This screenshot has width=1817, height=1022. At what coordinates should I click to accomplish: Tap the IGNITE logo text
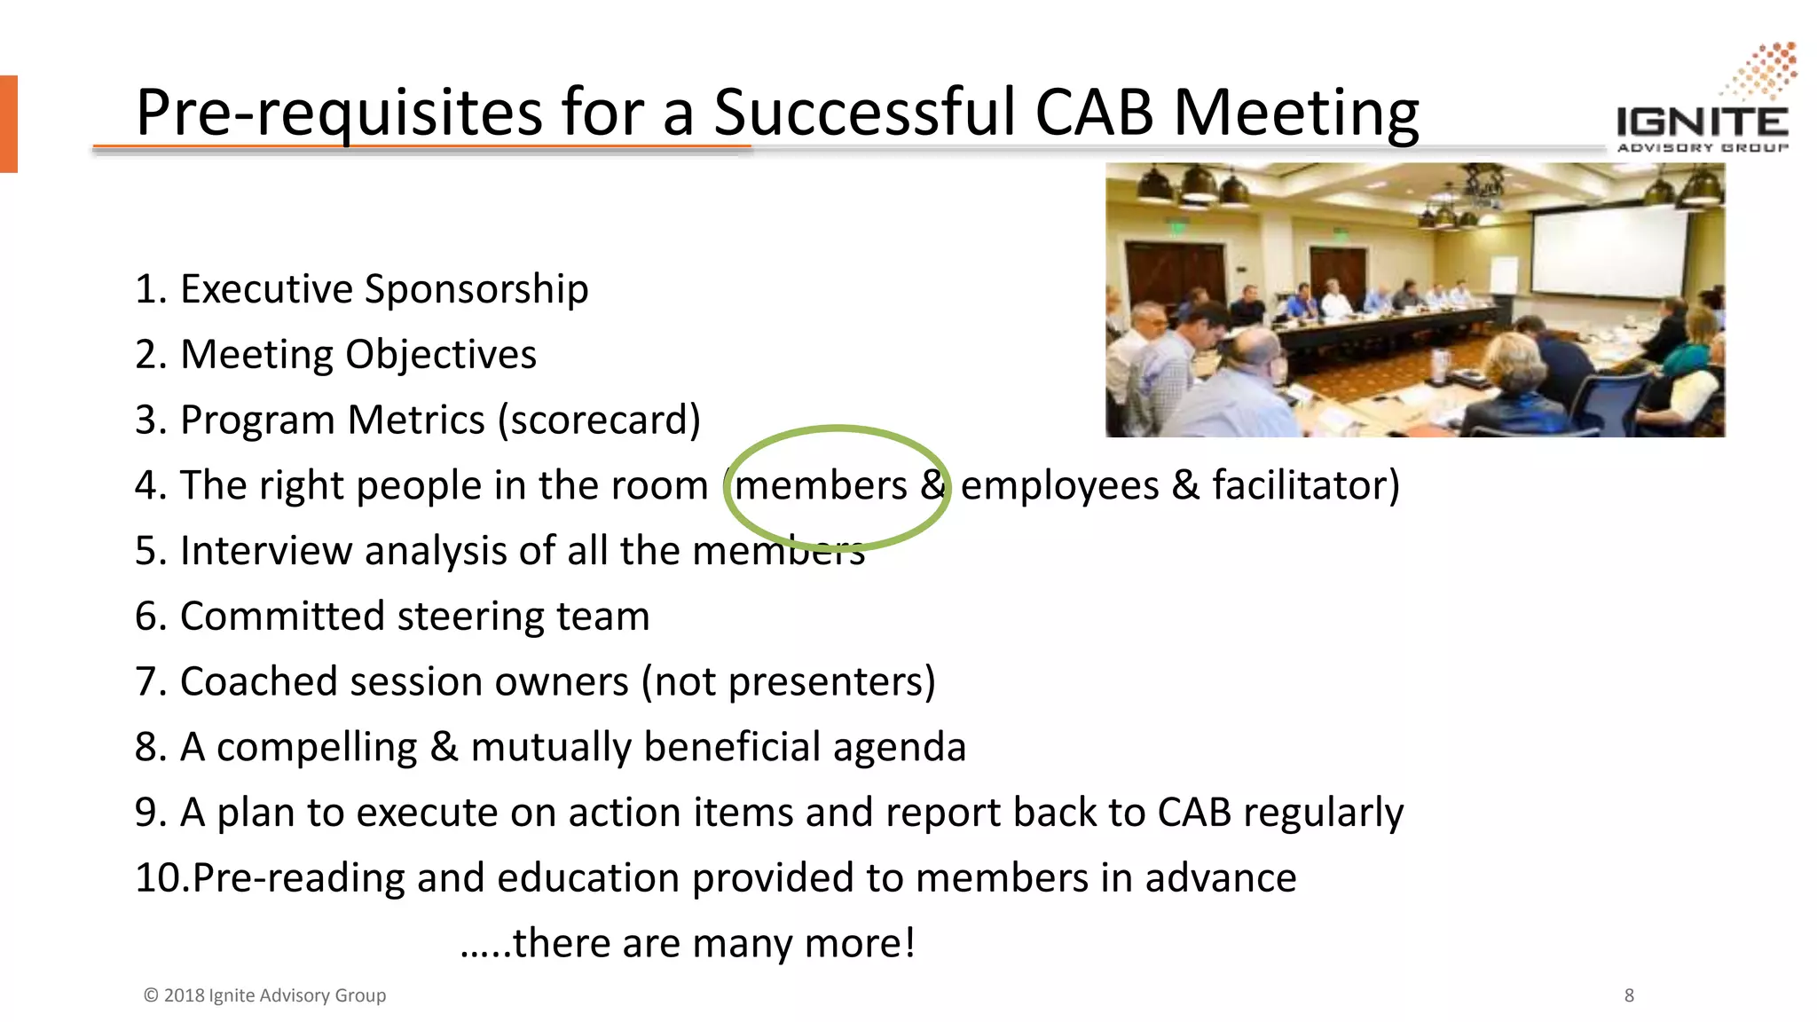point(1702,122)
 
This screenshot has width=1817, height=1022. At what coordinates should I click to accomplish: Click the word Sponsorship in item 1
point(476,289)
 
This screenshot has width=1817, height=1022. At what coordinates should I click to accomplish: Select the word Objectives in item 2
point(441,355)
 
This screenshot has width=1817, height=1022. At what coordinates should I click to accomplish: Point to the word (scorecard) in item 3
point(600,420)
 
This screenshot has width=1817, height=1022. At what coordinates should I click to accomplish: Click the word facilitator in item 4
point(1305,485)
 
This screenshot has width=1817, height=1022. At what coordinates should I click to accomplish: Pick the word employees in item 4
point(1060,486)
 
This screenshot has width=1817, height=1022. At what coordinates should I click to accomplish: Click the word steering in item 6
point(468,617)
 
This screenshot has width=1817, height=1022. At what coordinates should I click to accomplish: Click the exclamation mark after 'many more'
point(908,942)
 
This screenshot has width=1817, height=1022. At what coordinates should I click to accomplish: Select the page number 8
point(1629,995)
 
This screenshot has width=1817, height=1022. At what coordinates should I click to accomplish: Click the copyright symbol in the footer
point(151,995)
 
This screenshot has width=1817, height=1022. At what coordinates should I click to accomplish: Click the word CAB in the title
point(1094,113)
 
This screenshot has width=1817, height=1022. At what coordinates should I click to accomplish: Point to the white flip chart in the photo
point(1504,275)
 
